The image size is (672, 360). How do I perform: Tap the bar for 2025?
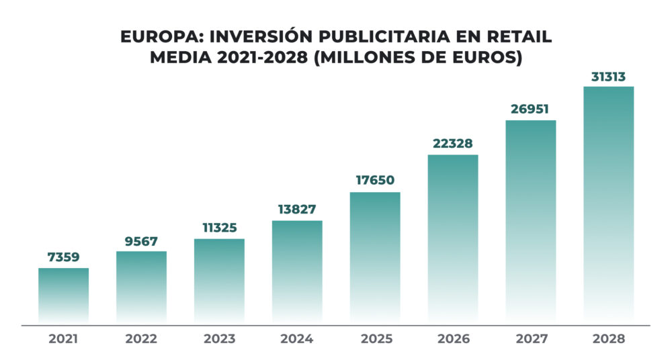pyautogui.click(x=375, y=257)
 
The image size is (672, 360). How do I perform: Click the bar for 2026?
pyautogui.click(x=453, y=238)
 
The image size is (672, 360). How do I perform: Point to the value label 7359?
pyautogui.click(x=63, y=257)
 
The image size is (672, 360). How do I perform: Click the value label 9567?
pyautogui.click(x=141, y=240)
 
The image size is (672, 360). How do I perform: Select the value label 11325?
pyautogui.click(x=219, y=228)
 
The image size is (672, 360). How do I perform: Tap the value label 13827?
pyautogui.click(x=297, y=210)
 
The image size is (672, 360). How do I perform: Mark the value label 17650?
pyautogui.click(x=375, y=181)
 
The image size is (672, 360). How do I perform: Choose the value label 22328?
pyautogui.click(x=453, y=143)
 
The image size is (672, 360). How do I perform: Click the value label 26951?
pyautogui.click(x=531, y=109)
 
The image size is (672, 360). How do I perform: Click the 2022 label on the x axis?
pyautogui.click(x=141, y=339)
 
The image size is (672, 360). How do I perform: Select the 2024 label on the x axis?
pyautogui.click(x=297, y=339)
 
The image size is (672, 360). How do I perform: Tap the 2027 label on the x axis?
pyautogui.click(x=531, y=339)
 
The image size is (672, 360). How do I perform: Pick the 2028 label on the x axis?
pyautogui.click(x=608, y=339)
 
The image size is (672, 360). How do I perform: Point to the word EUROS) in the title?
pyautogui.click(x=489, y=57)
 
